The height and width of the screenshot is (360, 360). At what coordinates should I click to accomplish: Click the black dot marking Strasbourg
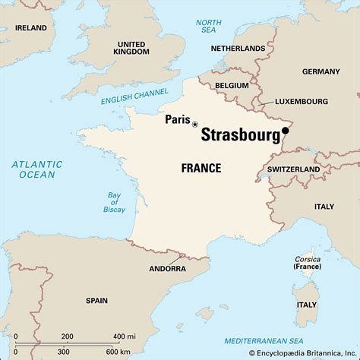(286, 131)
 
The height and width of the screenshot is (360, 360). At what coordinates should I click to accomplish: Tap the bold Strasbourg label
(239, 134)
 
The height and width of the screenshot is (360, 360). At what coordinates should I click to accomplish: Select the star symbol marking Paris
(195, 124)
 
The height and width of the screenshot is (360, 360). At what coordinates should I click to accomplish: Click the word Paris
(177, 118)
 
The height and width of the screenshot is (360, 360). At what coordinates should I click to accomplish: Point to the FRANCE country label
(201, 167)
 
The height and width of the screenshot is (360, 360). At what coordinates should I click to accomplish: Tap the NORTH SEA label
(209, 27)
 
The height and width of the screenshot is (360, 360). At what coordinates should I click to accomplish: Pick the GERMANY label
(322, 71)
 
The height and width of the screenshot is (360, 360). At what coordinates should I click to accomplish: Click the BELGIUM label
(231, 86)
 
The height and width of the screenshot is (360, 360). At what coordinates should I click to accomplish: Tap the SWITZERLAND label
(293, 169)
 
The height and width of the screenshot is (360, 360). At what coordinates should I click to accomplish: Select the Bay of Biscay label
(112, 201)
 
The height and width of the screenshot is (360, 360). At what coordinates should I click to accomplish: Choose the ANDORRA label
(167, 269)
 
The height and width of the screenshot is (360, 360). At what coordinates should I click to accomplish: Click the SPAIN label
(96, 300)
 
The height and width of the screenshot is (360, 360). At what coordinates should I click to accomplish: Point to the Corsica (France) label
(308, 263)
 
